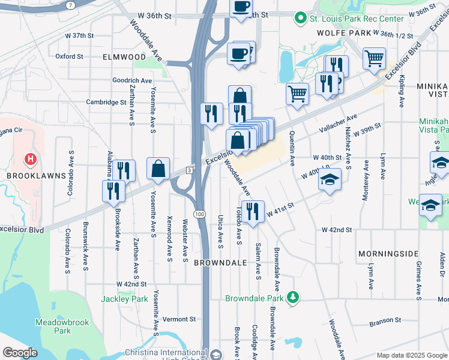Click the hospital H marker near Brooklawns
point(29,160)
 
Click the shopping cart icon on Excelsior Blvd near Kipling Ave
point(374,58)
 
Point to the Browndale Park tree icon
point(292,298)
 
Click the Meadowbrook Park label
point(62,326)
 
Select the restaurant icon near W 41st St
point(252,210)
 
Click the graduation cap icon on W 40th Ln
point(329,179)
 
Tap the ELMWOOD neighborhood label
point(124,56)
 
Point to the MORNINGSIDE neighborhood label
point(388,254)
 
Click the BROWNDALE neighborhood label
point(221,263)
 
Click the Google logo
point(20,353)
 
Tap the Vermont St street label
point(179,319)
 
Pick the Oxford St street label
point(69,56)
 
